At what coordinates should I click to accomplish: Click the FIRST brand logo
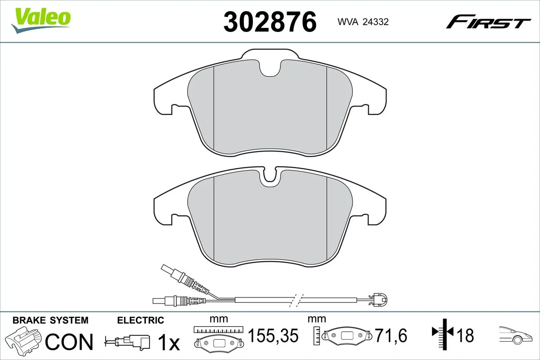click(x=488, y=22)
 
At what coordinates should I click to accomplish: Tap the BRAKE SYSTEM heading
click(x=50, y=320)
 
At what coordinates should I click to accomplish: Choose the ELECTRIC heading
click(x=140, y=320)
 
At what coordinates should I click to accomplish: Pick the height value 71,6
click(x=391, y=336)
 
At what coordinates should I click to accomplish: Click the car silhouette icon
click(x=516, y=335)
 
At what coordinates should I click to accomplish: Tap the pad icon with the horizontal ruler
click(x=218, y=340)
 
